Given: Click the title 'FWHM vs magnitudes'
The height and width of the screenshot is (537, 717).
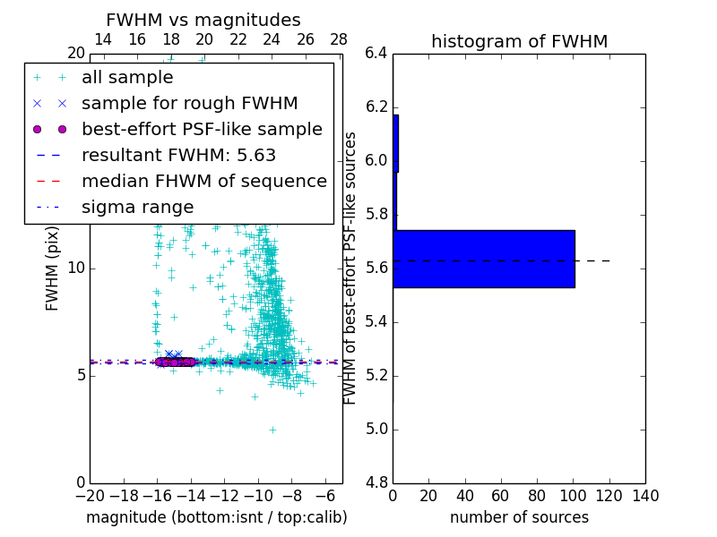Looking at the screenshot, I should coord(203,20).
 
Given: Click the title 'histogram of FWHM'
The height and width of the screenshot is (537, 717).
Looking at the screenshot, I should coord(519,41).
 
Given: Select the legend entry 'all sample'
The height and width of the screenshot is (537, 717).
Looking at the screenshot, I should coord(127,78).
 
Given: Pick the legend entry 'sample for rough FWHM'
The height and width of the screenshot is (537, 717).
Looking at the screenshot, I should coord(189,104).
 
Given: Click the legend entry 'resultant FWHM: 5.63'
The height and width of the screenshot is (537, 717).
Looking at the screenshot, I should coord(178,156).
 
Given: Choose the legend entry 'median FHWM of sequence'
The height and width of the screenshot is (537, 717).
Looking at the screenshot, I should coord(203,182).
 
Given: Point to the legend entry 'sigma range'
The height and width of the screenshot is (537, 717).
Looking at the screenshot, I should coord(137,208).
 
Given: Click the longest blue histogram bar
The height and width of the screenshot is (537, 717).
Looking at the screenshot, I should coord(484,259).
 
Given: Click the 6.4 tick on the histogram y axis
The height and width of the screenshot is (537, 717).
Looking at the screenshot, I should coord(376,54).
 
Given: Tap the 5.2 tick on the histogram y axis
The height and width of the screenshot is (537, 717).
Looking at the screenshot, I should coord(376,375).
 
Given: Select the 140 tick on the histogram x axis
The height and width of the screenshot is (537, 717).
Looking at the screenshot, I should coord(645,496).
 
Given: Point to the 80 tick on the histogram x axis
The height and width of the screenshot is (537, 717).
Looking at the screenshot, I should coord(537,496).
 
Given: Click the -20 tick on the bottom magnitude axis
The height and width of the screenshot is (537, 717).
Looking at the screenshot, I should coord(90,496).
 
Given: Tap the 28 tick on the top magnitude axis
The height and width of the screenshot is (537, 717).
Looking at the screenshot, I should coord(339,39).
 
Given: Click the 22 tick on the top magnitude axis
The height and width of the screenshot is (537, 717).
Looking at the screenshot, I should coord(238,39).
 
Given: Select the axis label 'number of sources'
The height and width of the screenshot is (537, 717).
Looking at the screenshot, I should coord(519,517).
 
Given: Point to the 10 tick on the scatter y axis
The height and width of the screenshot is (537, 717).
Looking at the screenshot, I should coord(75,268).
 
